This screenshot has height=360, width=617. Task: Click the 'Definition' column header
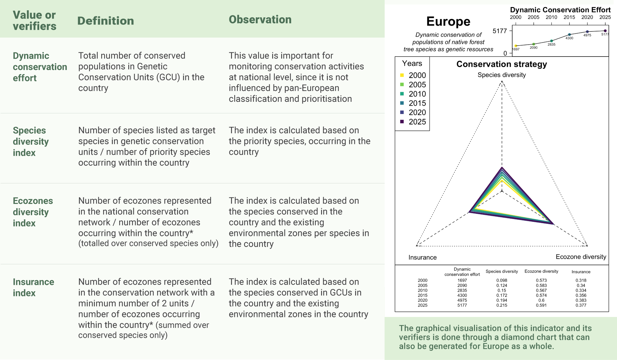[x=105, y=21]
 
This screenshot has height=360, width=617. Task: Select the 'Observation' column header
[x=260, y=20]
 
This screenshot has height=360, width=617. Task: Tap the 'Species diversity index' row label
[x=31, y=142]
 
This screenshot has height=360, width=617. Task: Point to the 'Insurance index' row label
[x=33, y=287]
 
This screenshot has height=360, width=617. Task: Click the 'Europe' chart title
[x=448, y=22]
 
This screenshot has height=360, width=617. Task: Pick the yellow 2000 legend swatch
[x=402, y=75]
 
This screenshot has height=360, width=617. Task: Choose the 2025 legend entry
[x=413, y=122]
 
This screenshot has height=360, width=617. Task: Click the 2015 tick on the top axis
[x=569, y=17]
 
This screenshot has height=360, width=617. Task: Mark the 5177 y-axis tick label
[x=500, y=31]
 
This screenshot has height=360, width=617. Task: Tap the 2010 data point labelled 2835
[x=551, y=41]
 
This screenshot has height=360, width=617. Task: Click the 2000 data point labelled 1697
[x=516, y=46]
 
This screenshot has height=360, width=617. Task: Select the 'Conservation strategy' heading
[x=502, y=64]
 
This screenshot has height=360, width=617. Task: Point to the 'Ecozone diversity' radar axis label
[x=581, y=257]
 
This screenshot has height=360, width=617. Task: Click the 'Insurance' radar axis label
[x=423, y=258]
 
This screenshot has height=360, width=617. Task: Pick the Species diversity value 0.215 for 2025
[x=502, y=305]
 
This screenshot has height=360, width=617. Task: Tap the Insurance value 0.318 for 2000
[x=581, y=280]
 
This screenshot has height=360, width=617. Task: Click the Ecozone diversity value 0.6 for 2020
[x=541, y=300]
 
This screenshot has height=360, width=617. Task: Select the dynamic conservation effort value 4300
[x=462, y=295]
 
